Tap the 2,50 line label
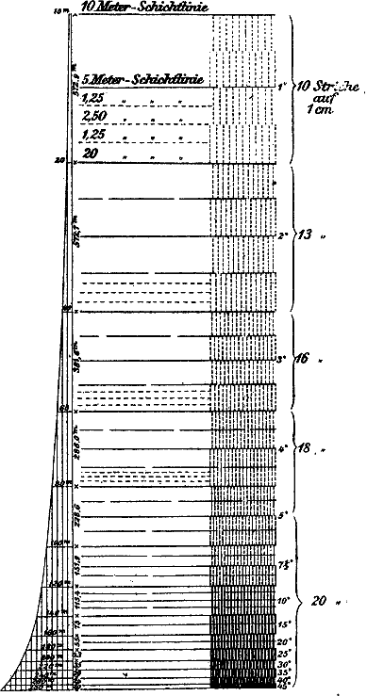(94, 115)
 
